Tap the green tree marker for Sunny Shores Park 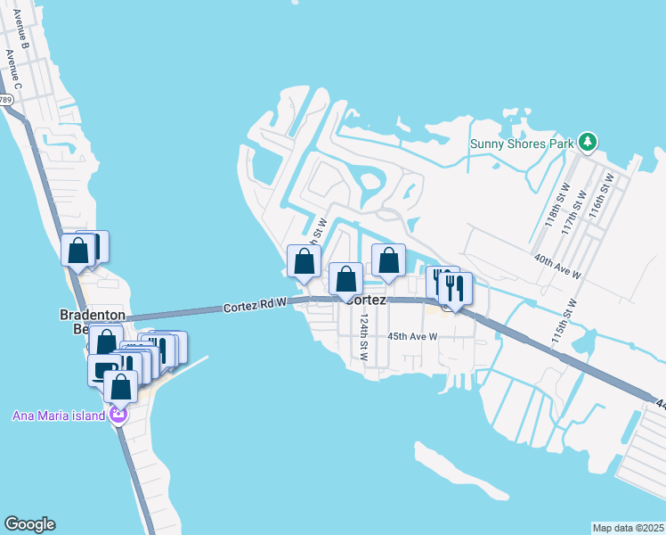[x=587, y=142]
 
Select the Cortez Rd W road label [x=255, y=305]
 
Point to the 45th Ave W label [x=412, y=336]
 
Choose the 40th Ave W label [x=557, y=265]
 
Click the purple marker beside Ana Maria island [x=118, y=415]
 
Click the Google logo [x=29, y=524]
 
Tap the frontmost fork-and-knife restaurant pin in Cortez [x=455, y=289]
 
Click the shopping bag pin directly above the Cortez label [x=345, y=279]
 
